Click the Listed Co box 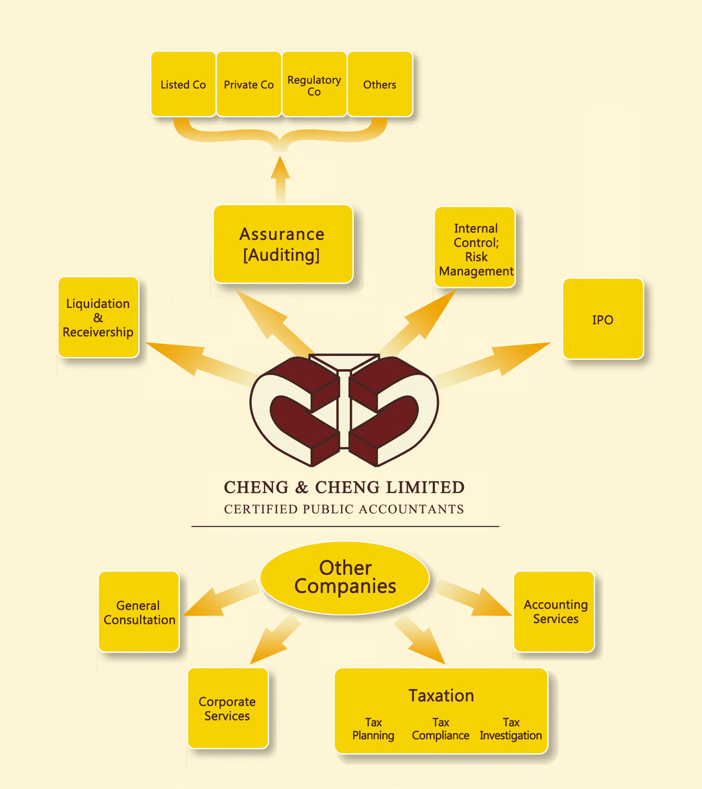pyautogui.click(x=183, y=85)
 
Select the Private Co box pyautogui.click(x=248, y=85)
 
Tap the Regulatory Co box pyautogui.click(x=314, y=85)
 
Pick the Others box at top pyautogui.click(x=380, y=85)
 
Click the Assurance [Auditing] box pyautogui.click(x=282, y=244)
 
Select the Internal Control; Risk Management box pyautogui.click(x=475, y=248)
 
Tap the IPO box pyautogui.click(x=603, y=319)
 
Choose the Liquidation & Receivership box pyautogui.click(x=99, y=318)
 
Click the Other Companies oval pyautogui.click(x=345, y=577)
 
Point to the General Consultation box pyautogui.click(x=139, y=612)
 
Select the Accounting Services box pyautogui.click(x=554, y=611)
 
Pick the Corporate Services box pyautogui.click(x=228, y=708)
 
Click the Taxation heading pyautogui.click(x=441, y=696)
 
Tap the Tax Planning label pyautogui.click(x=373, y=729)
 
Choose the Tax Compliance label pyautogui.click(x=440, y=729)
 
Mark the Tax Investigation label pyautogui.click(x=511, y=729)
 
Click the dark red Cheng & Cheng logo pyautogui.click(x=344, y=410)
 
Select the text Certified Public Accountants pyautogui.click(x=344, y=509)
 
